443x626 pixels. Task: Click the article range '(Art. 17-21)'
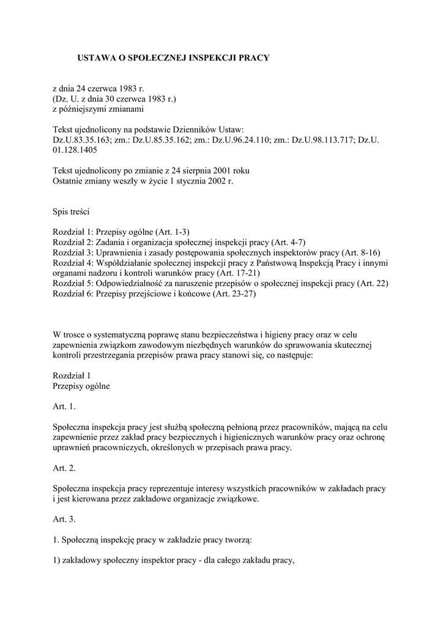click(235, 273)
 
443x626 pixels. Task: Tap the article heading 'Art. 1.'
click(65, 406)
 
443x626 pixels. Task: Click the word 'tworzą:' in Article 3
click(236, 541)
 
